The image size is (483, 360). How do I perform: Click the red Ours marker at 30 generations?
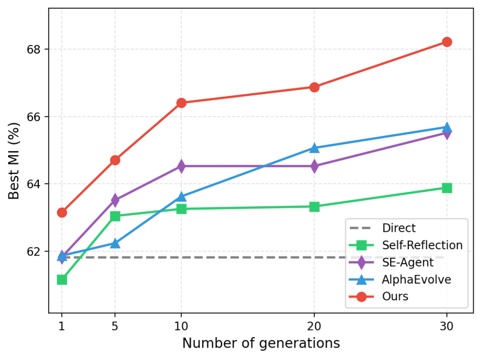tap(447, 42)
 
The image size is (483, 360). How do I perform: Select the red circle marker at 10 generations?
tap(181, 103)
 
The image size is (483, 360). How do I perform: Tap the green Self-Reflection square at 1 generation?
tap(62, 279)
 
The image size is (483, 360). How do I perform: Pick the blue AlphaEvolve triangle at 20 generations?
tap(314, 148)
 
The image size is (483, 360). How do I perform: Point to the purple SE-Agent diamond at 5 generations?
tap(115, 200)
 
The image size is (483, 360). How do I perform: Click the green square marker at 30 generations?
tap(447, 188)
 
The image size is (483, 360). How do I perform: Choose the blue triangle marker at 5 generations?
tap(115, 243)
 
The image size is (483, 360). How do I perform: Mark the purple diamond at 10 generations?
tap(181, 166)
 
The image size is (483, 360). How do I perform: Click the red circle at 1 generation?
tap(62, 212)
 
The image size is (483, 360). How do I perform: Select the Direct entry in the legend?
tap(399, 228)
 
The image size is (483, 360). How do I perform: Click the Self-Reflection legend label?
tap(422, 245)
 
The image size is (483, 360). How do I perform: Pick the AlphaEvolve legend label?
tap(416, 279)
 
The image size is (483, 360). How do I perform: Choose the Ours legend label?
tap(395, 296)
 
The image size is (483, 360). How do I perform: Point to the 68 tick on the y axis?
tap(33, 49)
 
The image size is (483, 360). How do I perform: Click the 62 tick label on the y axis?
tap(33, 251)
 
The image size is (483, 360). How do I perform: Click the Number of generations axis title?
tap(261, 343)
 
